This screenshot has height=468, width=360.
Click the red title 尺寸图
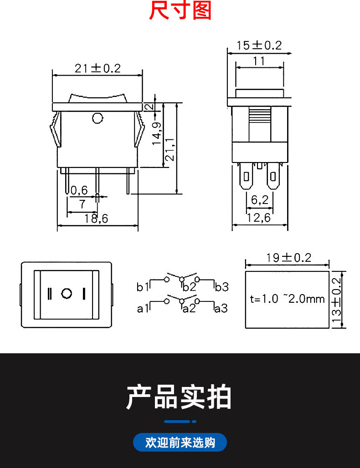(180, 10)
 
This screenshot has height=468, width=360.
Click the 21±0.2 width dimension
(98, 68)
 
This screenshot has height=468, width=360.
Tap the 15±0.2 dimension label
(259, 46)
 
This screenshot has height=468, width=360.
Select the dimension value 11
(259, 61)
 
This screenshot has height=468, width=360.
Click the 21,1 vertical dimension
(170, 149)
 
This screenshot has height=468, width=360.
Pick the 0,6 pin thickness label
(79, 190)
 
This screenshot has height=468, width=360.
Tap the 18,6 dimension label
(96, 219)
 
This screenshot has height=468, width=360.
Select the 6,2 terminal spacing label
(260, 200)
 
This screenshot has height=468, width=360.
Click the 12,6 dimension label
(259, 218)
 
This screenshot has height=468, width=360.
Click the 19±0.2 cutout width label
(288, 258)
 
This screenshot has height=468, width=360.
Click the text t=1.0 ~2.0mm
(287, 299)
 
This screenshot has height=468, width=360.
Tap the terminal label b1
(143, 287)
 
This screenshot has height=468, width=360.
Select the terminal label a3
(221, 308)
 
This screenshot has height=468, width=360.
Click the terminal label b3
(221, 287)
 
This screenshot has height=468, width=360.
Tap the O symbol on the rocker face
(67, 293)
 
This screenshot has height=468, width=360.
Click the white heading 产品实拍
(179, 397)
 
